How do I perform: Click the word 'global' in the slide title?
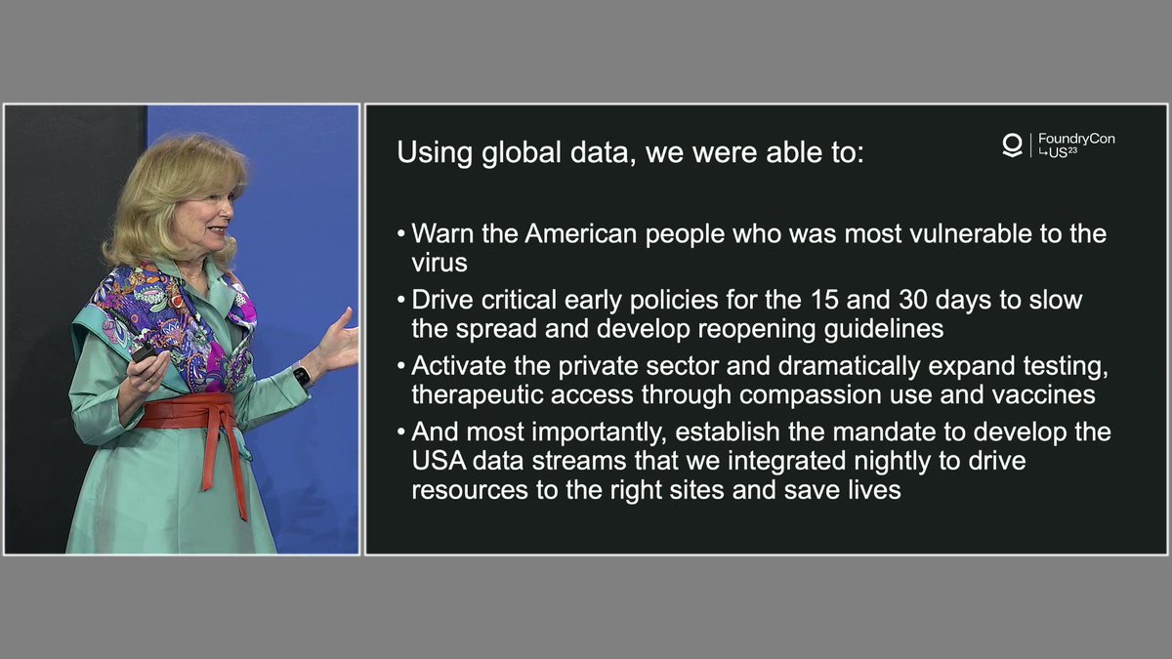(522, 152)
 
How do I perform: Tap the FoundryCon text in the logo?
(1076, 139)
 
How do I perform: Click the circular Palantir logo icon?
(1013, 144)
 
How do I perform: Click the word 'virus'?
(439, 263)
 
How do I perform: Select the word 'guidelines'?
(884, 330)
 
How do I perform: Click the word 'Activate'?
(458, 366)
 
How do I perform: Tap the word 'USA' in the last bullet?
(439, 461)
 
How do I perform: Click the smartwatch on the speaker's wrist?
(302, 377)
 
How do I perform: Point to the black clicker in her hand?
(144, 353)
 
